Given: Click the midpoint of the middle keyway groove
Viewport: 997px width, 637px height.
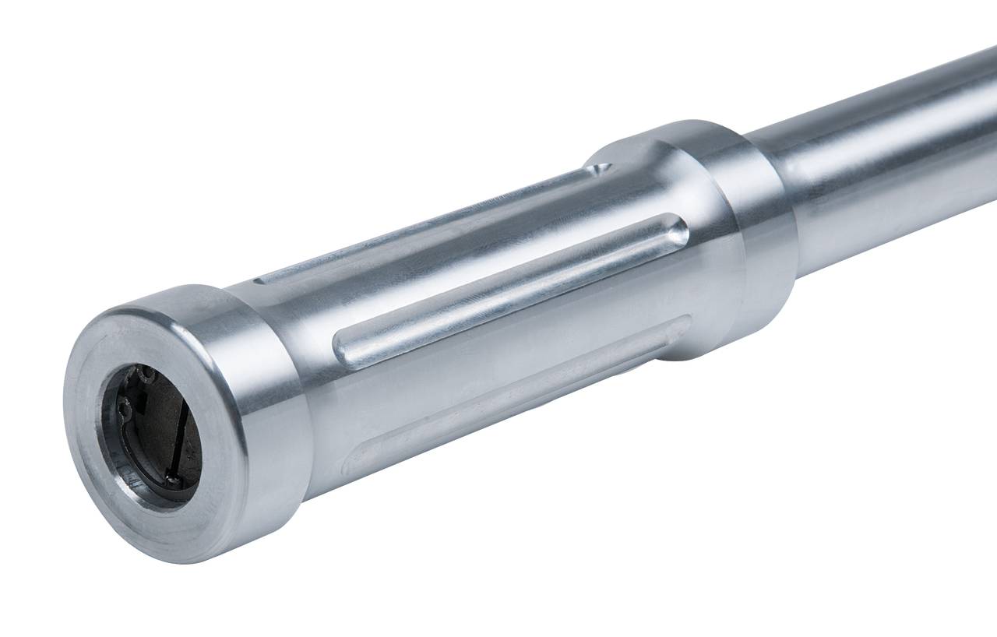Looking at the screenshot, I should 510,290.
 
